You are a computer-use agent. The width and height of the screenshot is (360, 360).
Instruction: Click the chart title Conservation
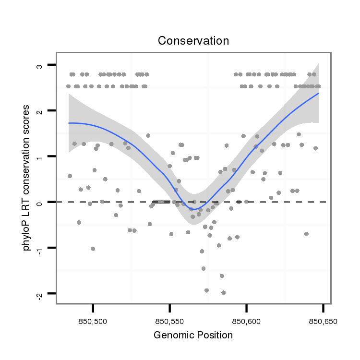[193, 41]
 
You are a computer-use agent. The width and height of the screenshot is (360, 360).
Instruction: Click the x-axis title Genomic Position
[193, 335]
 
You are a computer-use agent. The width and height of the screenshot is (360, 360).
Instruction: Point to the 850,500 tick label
[93, 321]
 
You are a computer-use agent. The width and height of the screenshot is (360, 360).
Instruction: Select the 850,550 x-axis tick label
[170, 321]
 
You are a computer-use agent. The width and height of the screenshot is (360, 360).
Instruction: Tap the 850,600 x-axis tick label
[246, 321]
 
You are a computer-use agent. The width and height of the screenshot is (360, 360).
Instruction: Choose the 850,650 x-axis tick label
[323, 321]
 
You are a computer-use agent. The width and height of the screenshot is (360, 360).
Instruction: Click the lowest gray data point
[223, 292]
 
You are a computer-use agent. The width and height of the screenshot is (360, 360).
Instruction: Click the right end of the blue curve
[318, 93]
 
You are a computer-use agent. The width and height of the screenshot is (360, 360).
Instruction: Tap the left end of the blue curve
[69, 123]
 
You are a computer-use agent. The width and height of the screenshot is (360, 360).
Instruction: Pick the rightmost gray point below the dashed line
[306, 234]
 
